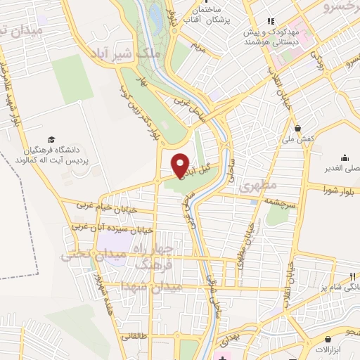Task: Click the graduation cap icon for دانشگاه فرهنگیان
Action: click(51, 140)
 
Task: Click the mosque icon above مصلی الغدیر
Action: click(345, 157)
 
